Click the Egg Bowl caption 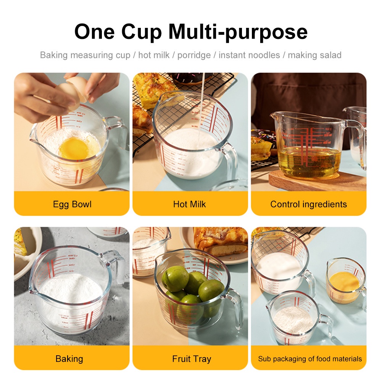point(72,204)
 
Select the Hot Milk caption point(190,204)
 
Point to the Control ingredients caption point(308,204)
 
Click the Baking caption point(69,359)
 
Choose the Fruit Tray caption point(192,359)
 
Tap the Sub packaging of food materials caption point(310,359)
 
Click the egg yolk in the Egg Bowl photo point(74,148)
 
